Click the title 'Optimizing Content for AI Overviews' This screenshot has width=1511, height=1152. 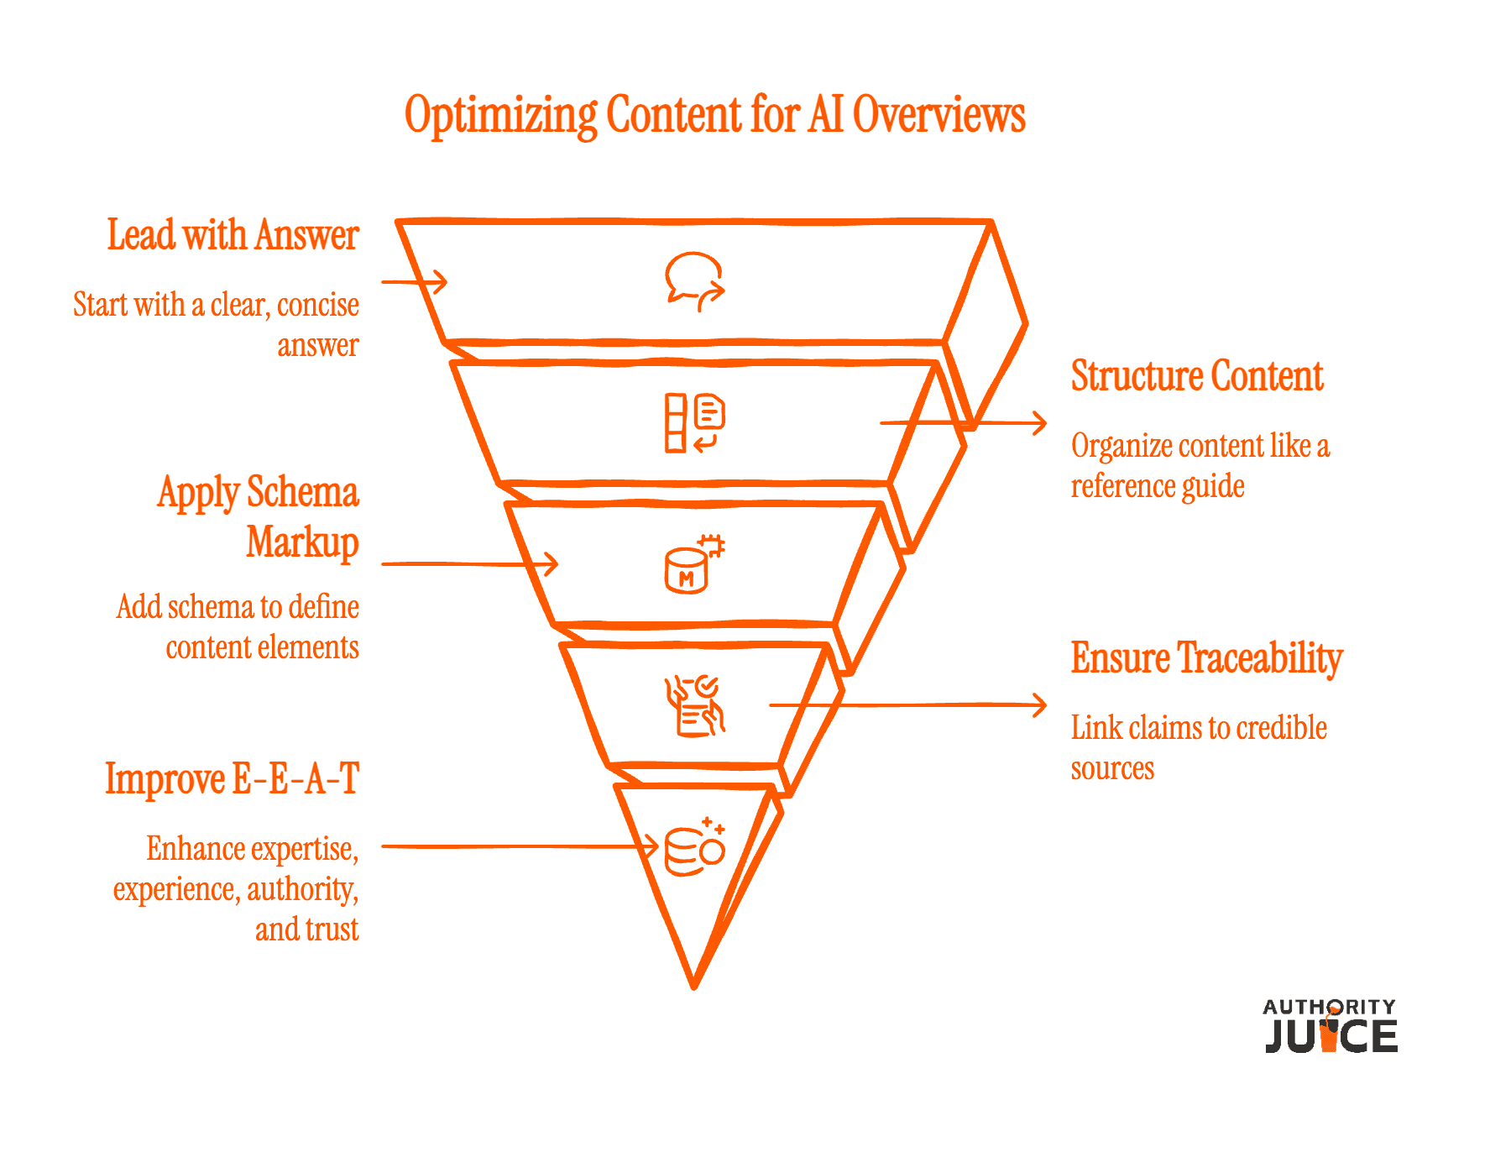715,115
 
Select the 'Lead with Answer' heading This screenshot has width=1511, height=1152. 233,235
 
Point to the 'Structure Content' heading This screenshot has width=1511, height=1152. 1197,376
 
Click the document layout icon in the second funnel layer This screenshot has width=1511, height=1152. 694,422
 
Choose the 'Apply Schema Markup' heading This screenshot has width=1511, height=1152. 259,517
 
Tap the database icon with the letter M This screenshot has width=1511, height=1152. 694,563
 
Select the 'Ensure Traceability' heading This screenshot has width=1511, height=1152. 1206,658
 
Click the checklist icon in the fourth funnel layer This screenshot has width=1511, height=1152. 694,706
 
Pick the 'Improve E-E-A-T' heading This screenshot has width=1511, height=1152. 233,778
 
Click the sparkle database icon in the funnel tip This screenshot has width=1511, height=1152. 694,846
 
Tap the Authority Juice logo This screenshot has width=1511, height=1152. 1331,1025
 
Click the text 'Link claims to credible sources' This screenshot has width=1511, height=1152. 1199,748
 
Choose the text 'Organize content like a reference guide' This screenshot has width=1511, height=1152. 1200,466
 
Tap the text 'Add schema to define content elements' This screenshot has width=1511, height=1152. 238,627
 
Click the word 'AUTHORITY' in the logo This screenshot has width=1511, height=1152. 1330,1007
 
